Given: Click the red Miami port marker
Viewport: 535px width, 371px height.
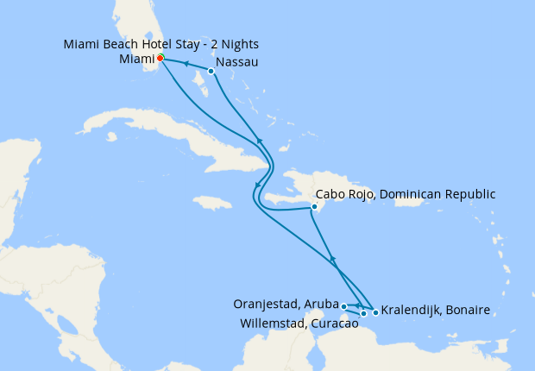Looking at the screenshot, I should [x=160, y=59].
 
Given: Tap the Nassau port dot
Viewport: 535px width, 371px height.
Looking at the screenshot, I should [x=211, y=71].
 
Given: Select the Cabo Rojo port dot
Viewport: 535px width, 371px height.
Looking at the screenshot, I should [x=315, y=207].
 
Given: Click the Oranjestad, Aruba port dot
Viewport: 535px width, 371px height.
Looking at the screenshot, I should [x=343, y=306].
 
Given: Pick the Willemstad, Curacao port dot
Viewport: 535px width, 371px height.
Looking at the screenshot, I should [x=364, y=313].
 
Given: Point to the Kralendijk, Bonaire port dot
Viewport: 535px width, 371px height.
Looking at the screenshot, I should [x=375, y=312].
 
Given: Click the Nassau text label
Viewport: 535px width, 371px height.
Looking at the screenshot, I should [x=237, y=63].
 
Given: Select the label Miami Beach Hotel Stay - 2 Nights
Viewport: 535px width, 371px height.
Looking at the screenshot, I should [x=161, y=44].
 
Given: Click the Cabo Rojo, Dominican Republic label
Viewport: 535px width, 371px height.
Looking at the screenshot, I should [x=406, y=194].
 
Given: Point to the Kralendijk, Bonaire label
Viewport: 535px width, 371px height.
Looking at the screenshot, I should [x=437, y=310].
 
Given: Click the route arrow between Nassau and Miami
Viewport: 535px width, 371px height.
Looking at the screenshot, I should [x=186, y=64].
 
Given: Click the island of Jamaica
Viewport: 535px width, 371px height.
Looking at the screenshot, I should [x=211, y=203].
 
